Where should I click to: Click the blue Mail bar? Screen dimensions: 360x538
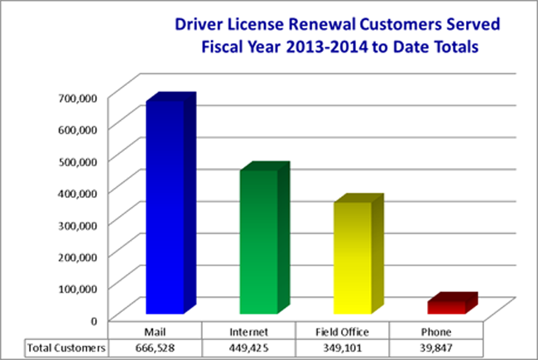[x=165, y=207]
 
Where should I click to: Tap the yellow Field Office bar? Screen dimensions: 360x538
[x=353, y=257]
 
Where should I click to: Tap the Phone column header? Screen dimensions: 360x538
[x=435, y=333]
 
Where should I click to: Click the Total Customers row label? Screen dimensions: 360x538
[x=66, y=348]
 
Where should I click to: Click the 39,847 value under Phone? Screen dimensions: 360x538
[x=435, y=348]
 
